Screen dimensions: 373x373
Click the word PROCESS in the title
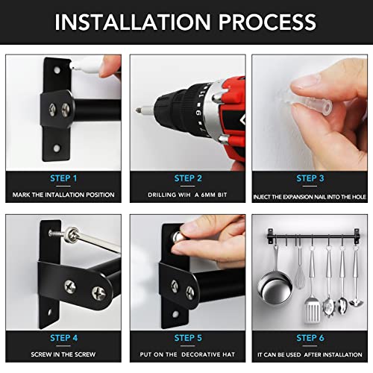(x=267, y=22)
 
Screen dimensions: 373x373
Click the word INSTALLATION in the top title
(x=133, y=22)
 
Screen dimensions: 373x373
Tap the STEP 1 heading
(x=63, y=178)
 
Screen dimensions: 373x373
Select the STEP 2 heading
(x=188, y=178)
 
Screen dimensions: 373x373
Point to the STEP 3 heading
(x=310, y=178)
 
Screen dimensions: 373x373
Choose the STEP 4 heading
(x=63, y=338)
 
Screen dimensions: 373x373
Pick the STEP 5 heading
(x=188, y=338)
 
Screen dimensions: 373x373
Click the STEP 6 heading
(x=310, y=338)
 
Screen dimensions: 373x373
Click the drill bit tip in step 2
(x=137, y=110)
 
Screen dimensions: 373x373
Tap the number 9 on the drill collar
(x=198, y=113)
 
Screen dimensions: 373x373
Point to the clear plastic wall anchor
(x=307, y=104)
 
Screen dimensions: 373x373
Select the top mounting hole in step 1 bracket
(x=57, y=70)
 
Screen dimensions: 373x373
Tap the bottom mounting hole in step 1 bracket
(x=57, y=148)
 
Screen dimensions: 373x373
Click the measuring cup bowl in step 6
(x=275, y=289)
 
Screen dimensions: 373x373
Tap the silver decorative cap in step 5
(x=178, y=237)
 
